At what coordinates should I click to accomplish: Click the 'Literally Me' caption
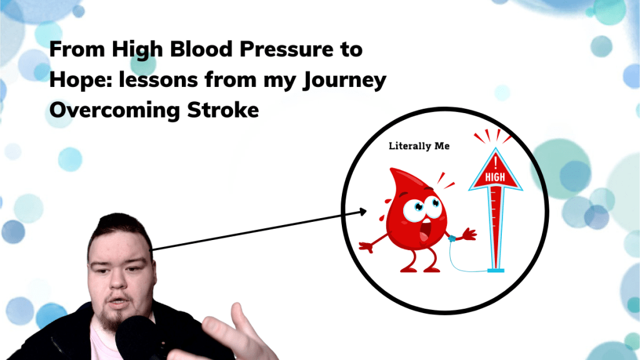pyautogui.click(x=419, y=146)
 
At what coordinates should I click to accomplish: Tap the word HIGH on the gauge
pyautogui.click(x=495, y=178)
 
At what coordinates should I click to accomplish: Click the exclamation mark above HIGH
pyautogui.click(x=495, y=163)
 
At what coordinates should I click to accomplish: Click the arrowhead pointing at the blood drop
pyautogui.click(x=362, y=212)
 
